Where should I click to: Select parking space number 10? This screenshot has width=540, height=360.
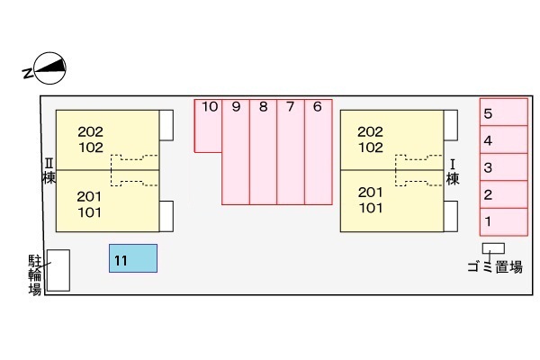208,126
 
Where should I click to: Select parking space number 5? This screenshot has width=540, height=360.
503,112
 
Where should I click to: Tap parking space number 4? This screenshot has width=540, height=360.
503,139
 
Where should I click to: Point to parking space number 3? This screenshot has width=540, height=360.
503,166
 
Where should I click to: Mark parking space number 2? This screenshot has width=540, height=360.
503,193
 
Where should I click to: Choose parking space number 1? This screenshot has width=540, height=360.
503,220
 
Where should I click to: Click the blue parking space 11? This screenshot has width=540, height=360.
133,258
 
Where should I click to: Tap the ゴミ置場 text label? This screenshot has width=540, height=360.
494,266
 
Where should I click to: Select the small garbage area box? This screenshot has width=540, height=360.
493,247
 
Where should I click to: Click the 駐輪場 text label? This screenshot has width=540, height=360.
35,274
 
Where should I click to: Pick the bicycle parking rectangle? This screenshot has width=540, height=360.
58,270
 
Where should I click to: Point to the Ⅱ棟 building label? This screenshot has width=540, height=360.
49,171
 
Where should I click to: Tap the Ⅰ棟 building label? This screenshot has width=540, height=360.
454,171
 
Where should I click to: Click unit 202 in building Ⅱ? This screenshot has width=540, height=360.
90,130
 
